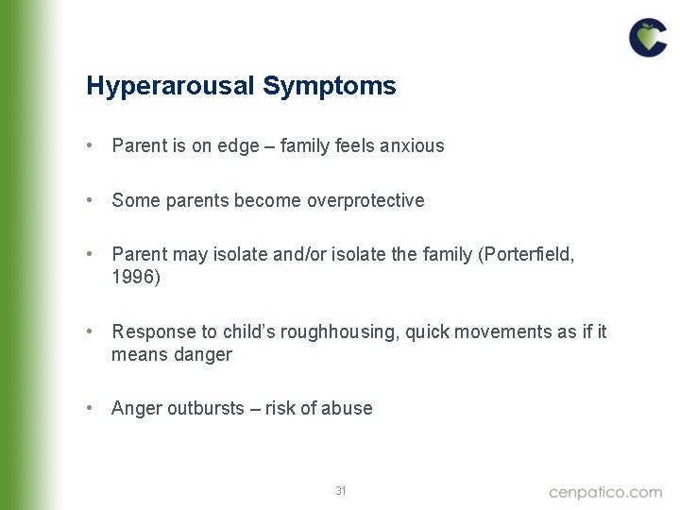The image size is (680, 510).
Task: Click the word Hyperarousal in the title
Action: tap(171, 87)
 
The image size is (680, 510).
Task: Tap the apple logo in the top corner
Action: tap(648, 38)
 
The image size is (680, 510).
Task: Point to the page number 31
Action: tap(341, 490)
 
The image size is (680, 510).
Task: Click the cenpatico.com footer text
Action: tap(605, 491)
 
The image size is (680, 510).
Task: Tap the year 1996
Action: tap(137, 277)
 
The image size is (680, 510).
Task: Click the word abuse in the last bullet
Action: tap(348, 408)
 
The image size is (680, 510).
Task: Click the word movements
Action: tap(497, 331)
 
